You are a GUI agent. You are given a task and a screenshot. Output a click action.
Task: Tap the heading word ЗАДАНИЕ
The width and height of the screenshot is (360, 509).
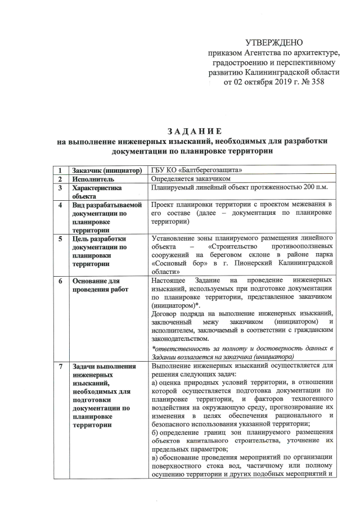pyautogui.click(x=194, y=131)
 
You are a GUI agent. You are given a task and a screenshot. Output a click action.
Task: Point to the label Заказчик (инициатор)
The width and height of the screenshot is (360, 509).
pyautogui.click(x=105, y=170)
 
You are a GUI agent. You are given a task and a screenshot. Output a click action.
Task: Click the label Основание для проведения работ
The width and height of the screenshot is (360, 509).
pyautogui.click(x=96, y=285)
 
